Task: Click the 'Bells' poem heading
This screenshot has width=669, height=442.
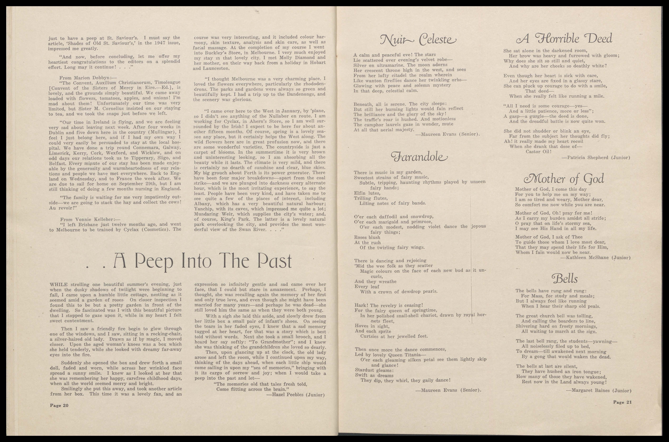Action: point(564,279)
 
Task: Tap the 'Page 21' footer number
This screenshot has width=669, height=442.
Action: point(622,402)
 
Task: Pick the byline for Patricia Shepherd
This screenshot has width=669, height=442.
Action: point(596,158)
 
